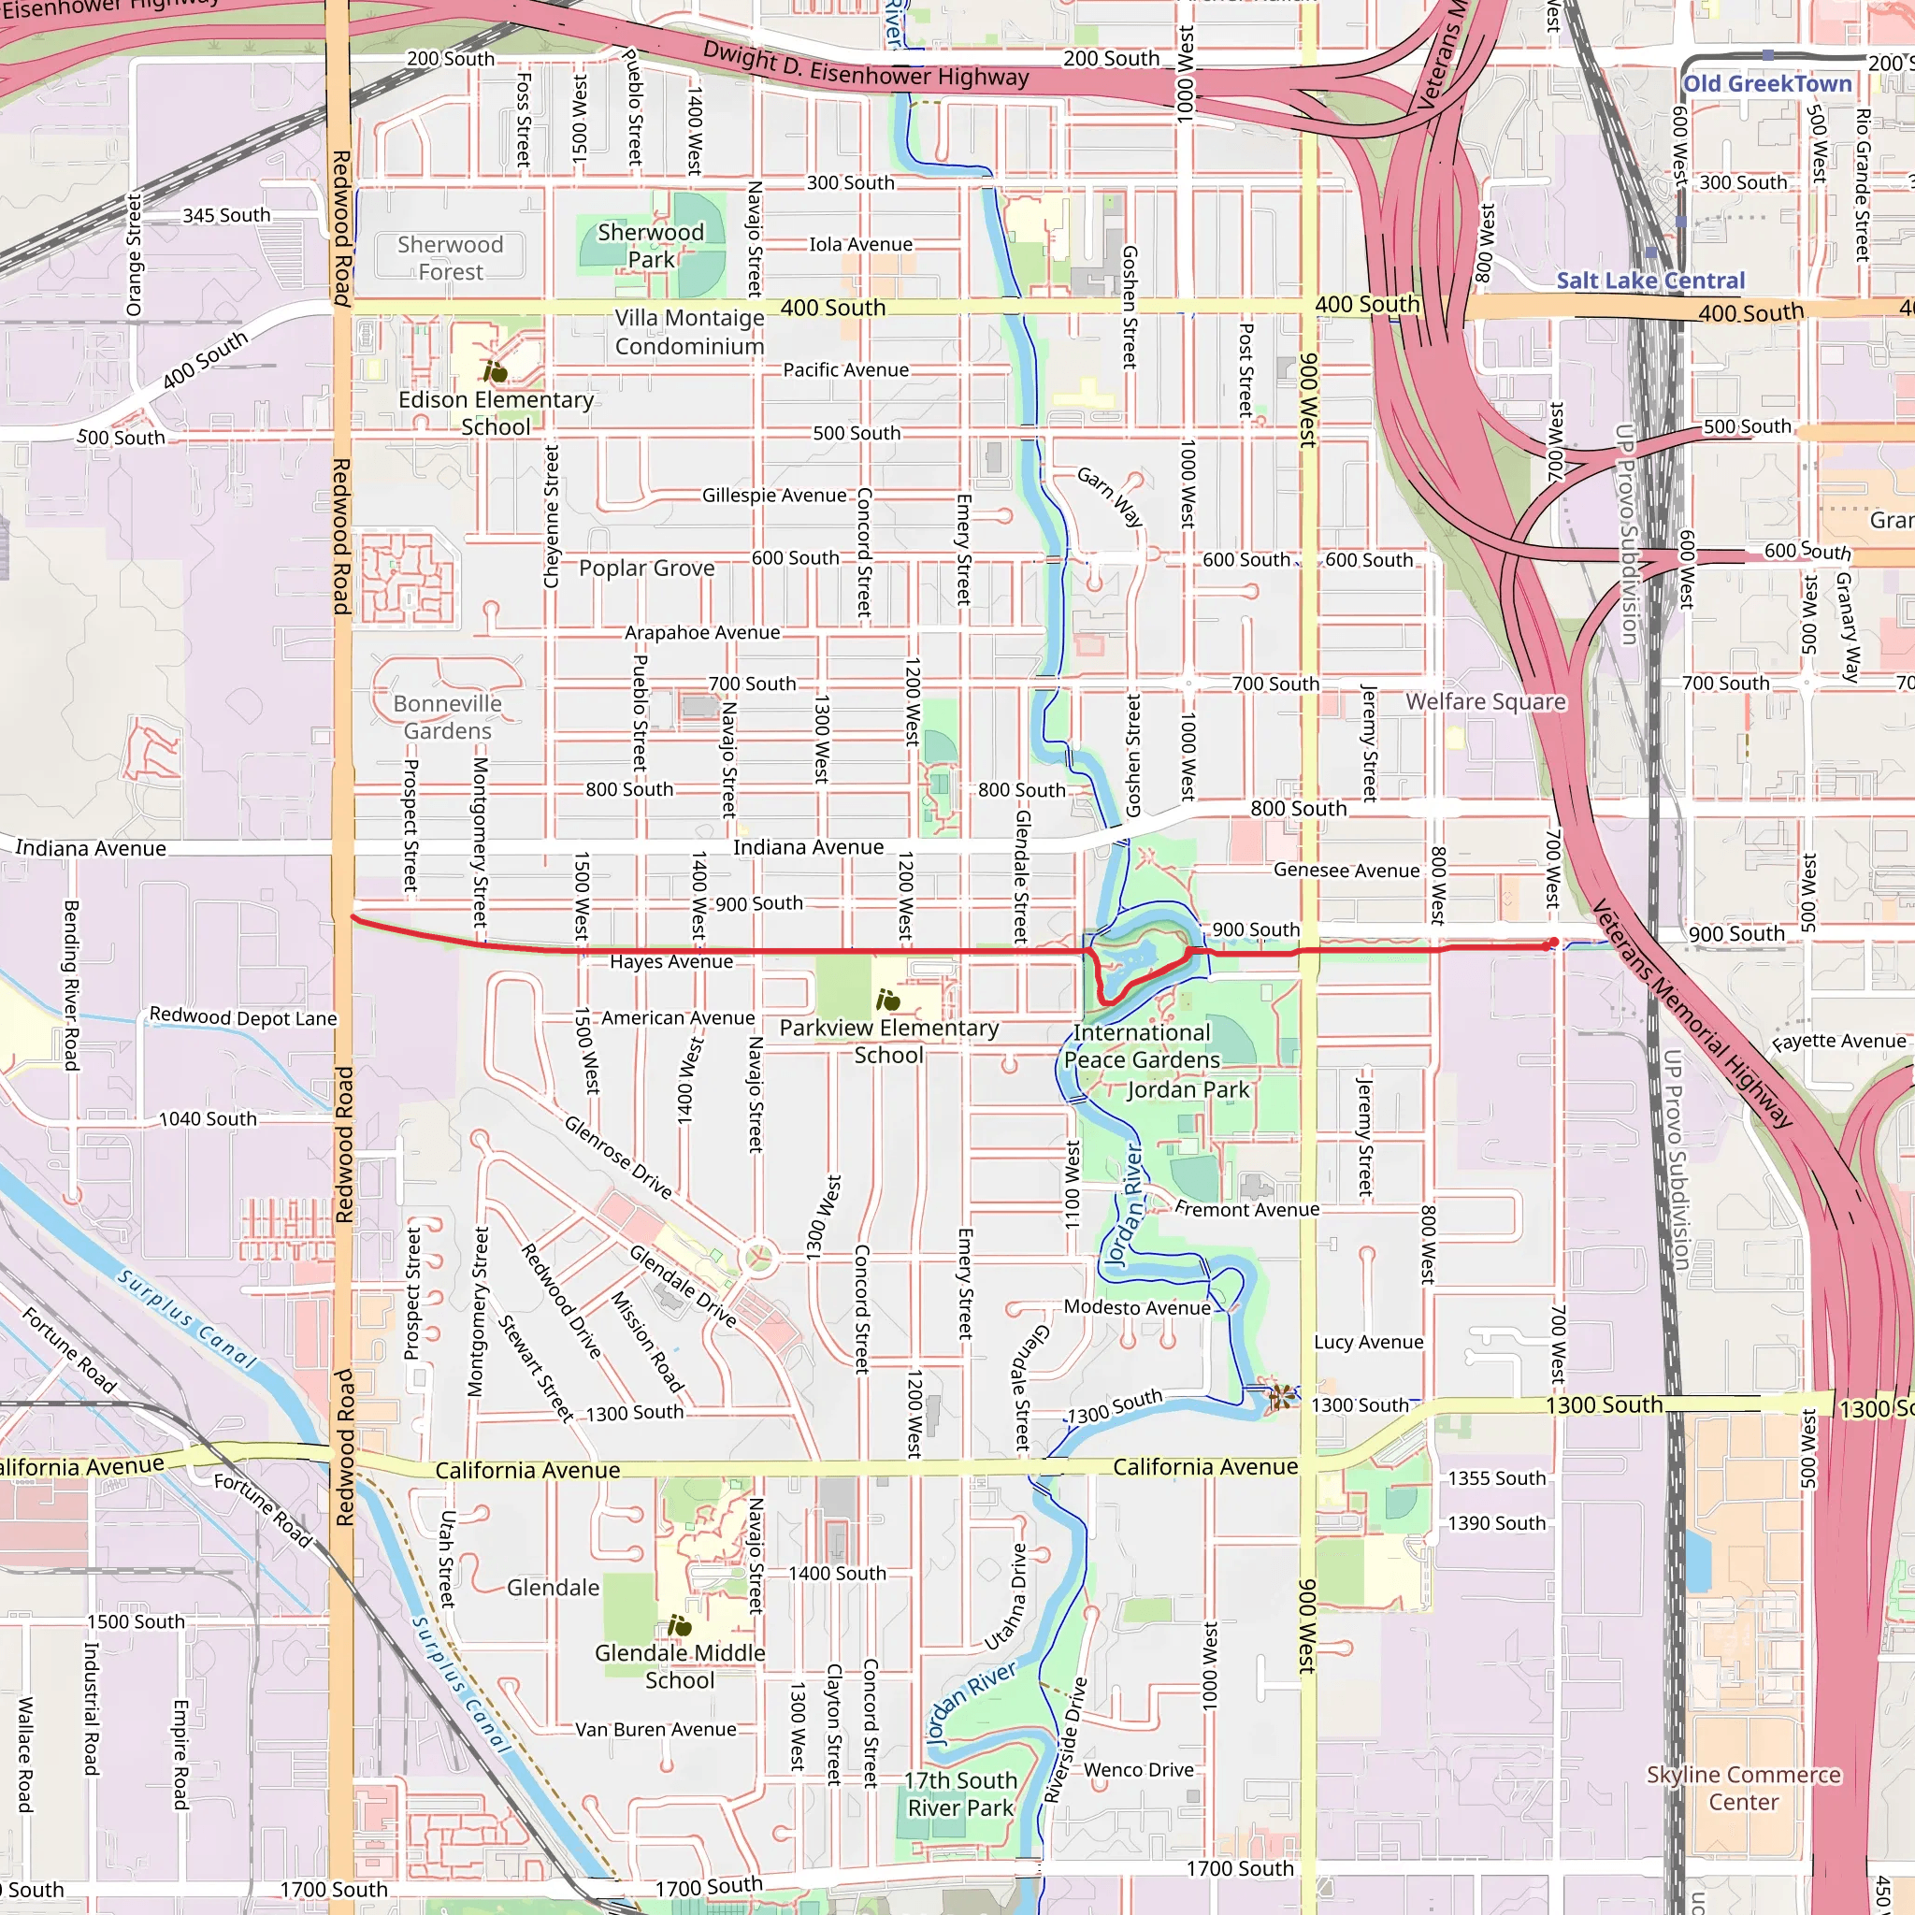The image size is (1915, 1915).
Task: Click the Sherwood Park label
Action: click(650, 245)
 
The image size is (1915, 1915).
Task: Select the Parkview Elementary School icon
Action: click(888, 1000)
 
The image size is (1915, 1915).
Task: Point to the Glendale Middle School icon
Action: click(679, 1624)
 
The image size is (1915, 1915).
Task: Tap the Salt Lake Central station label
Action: click(1649, 281)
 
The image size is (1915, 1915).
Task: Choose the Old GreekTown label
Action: click(1766, 84)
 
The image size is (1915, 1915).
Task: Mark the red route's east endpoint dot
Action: click(1552, 943)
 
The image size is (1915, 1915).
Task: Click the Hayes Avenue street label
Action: click(671, 961)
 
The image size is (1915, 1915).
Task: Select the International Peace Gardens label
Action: click(1142, 1045)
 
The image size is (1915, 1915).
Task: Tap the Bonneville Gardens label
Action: click(447, 716)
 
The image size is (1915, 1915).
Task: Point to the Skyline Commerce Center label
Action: click(1744, 1788)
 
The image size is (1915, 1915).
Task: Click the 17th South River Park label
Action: click(960, 1794)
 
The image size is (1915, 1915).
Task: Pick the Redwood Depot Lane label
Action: click(243, 1017)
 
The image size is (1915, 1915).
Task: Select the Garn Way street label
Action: click(1110, 497)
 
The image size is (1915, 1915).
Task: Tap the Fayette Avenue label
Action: click(1838, 1042)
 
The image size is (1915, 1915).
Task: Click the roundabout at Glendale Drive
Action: click(759, 1257)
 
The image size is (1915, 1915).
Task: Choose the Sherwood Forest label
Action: click(450, 258)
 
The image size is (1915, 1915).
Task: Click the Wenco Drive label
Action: click(1138, 1769)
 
